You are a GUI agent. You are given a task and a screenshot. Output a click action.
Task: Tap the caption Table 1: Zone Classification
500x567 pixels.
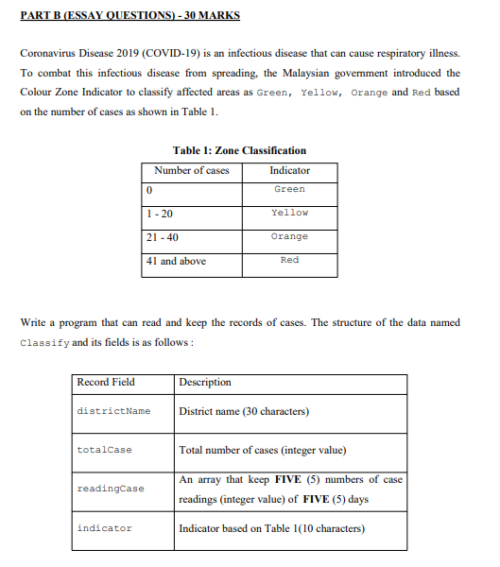pyautogui.click(x=240, y=150)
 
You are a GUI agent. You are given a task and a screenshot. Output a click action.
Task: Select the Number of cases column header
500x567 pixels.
pyautogui.click(x=192, y=170)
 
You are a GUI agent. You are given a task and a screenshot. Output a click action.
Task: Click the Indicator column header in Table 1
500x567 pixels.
pyautogui.click(x=289, y=170)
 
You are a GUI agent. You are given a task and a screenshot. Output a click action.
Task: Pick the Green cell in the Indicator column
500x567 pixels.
pyautogui.click(x=289, y=189)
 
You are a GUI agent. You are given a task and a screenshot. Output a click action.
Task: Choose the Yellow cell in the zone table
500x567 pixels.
pyautogui.click(x=289, y=213)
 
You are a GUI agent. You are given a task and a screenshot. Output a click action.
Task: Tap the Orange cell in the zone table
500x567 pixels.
pyautogui.click(x=289, y=236)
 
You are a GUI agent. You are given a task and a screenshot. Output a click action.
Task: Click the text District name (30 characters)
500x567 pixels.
pyautogui.click(x=244, y=411)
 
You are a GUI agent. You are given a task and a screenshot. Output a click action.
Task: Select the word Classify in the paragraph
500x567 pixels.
pyautogui.click(x=43, y=342)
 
